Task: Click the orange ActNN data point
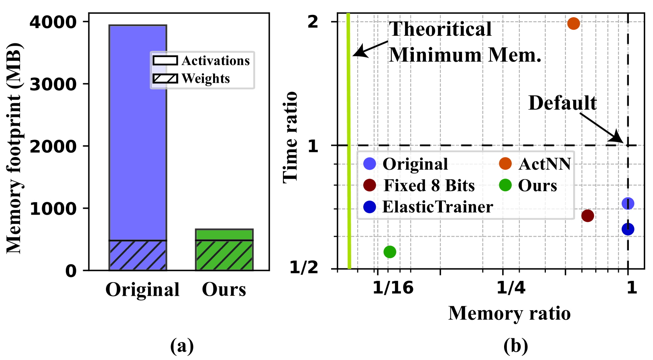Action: click(x=574, y=24)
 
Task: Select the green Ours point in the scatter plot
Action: click(x=390, y=252)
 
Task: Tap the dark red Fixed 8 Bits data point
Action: click(x=588, y=216)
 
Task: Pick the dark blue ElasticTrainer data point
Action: click(x=628, y=229)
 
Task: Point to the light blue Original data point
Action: click(x=628, y=203)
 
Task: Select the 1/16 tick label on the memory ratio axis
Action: click(x=393, y=287)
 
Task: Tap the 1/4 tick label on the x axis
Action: click(x=511, y=287)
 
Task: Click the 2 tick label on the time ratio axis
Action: click(x=313, y=22)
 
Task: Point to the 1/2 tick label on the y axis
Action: click(x=304, y=268)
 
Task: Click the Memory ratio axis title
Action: click(x=509, y=313)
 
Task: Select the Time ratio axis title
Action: click(x=291, y=137)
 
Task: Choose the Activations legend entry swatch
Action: click(x=165, y=61)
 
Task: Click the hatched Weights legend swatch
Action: click(x=165, y=78)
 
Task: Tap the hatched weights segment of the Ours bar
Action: click(x=224, y=255)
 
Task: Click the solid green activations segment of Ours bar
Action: click(x=224, y=234)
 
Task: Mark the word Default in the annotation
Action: click(x=562, y=103)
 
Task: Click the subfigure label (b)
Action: click(x=516, y=346)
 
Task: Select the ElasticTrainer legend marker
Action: click(x=369, y=207)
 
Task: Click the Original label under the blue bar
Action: click(x=142, y=289)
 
